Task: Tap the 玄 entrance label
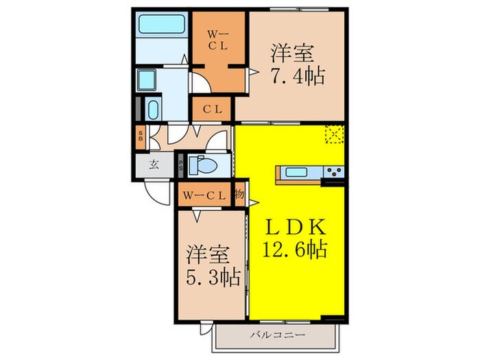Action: [154, 165]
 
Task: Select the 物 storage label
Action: [240, 195]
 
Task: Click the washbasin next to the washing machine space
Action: [152, 109]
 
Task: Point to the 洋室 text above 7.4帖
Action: [289, 51]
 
